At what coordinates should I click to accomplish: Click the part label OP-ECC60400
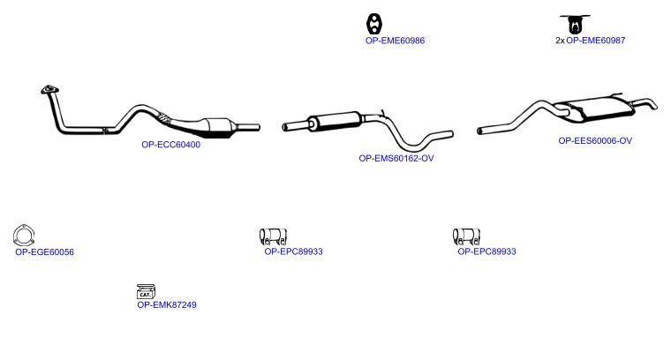point(170,145)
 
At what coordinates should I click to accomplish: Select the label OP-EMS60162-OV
point(396,158)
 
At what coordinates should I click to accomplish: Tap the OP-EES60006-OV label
point(595,140)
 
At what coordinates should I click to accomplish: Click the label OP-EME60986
point(395,41)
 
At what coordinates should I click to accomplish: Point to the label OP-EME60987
point(596,41)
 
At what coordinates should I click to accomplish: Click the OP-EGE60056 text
point(44,251)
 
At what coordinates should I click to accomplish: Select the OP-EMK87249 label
point(167,304)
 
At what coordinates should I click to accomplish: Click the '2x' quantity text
point(560,41)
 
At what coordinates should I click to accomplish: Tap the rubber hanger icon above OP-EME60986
point(374,24)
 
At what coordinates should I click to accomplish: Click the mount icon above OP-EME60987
point(575,24)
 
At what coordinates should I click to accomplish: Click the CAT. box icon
point(146,291)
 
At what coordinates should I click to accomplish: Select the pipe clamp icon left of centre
point(273,236)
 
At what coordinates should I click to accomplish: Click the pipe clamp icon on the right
point(466,236)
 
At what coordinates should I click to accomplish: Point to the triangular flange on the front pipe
point(50,90)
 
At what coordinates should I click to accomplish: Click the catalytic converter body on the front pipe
point(221,127)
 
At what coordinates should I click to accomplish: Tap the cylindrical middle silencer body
point(335,120)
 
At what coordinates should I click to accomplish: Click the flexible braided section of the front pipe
point(163,117)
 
